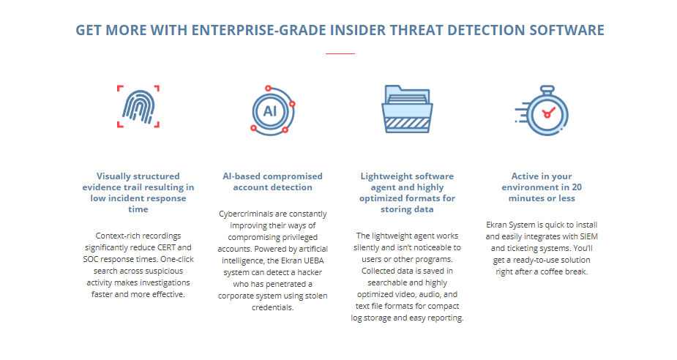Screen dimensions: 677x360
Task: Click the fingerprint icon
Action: [x=138, y=107]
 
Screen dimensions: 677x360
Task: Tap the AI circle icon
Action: [x=273, y=110]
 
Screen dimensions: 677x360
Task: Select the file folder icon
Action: [x=407, y=109]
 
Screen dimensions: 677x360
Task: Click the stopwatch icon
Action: [x=542, y=110]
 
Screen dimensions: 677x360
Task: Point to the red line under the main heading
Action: [x=340, y=53]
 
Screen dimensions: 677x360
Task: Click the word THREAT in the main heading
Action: [x=416, y=30]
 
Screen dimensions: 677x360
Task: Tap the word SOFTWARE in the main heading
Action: [x=567, y=30]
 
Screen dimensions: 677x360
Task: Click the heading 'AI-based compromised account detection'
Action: [x=273, y=181]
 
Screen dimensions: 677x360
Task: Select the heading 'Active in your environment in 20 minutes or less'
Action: [x=542, y=187]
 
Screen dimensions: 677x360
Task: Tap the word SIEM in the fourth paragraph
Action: [x=588, y=236]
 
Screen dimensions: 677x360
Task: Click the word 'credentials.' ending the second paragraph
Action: [x=273, y=307]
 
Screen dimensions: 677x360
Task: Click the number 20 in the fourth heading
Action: [x=577, y=187]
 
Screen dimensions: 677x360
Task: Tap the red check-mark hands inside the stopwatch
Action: [x=548, y=113]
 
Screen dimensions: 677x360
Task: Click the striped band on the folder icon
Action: [x=407, y=124]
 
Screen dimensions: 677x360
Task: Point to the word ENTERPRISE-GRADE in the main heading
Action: [x=259, y=30]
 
